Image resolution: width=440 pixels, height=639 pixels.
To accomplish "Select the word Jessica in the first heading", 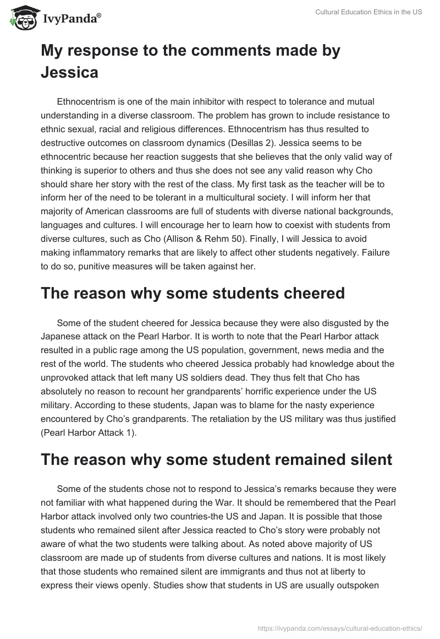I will (69, 72).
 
